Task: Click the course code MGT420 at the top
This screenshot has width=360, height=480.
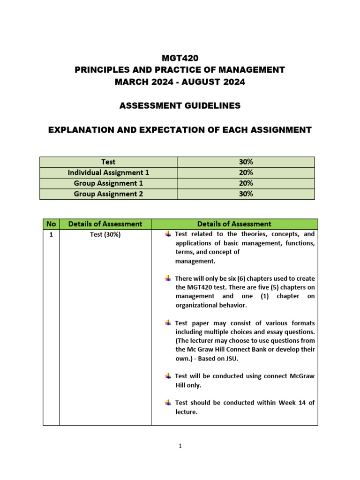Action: [180, 58]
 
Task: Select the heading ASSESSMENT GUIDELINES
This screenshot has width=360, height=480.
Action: [180, 106]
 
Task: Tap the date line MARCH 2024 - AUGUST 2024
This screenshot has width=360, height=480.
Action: [180, 82]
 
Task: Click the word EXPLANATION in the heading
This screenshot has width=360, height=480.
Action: [81, 130]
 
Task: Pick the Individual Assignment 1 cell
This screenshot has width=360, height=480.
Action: [108, 172]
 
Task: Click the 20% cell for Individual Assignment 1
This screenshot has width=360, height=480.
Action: [246, 172]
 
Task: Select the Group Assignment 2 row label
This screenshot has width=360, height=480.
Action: [108, 194]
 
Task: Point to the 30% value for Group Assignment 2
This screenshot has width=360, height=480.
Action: [246, 194]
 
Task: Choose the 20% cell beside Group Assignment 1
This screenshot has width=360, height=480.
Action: [246, 183]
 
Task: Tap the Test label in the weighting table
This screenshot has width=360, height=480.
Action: [108, 162]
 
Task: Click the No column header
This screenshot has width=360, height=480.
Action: [51, 224]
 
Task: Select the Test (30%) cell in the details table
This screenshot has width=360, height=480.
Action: [105, 234]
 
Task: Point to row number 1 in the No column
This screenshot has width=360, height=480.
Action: [51, 234]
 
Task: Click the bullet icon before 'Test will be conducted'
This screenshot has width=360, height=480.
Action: [168, 376]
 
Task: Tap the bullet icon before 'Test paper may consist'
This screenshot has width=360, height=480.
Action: [168, 323]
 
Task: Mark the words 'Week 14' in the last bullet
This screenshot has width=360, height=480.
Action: [291, 403]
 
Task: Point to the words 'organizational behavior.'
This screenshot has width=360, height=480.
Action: [210, 305]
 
